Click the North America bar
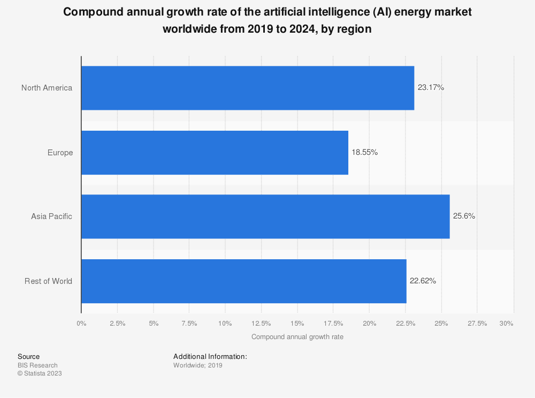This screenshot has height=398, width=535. (247, 88)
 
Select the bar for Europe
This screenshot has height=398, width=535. (215, 153)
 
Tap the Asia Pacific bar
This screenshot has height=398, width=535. (265, 216)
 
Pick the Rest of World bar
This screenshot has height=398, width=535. (243, 281)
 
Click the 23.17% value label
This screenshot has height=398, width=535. (431, 88)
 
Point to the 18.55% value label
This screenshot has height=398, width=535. (365, 153)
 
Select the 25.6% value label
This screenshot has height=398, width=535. (464, 216)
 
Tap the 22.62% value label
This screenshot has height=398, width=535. (423, 281)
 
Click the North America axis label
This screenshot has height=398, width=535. (47, 88)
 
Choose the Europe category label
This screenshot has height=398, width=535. (60, 153)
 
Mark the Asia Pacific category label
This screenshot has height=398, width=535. (51, 216)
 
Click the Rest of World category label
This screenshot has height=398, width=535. (48, 281)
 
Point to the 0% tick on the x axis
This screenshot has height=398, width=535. (81, 323)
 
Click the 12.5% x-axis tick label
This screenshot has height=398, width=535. (261, 323)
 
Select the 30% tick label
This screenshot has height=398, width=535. (506, 323)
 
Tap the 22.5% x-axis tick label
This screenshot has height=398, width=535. (405, 323)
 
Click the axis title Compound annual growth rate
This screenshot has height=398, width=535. (297, 337)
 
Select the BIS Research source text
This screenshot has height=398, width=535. (37, 365)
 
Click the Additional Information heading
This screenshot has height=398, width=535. (210, 356)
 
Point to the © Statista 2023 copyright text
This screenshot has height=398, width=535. (40, 373)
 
